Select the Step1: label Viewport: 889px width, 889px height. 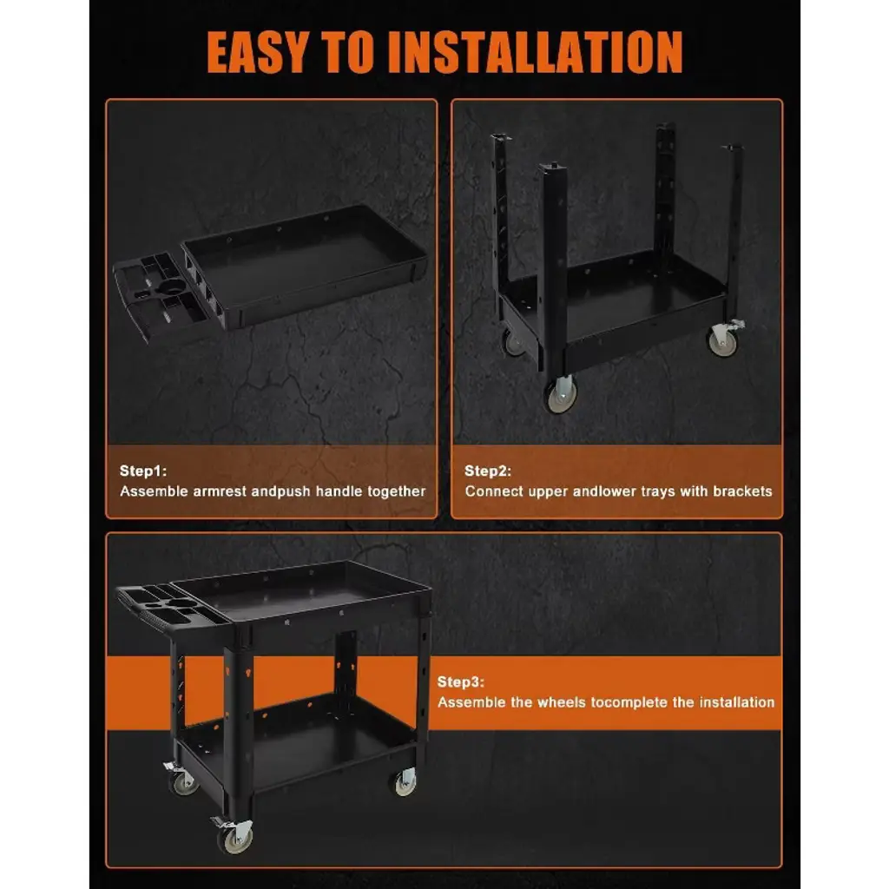[143, 471]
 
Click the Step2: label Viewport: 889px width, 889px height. [488, 471]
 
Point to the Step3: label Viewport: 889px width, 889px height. [460, 682]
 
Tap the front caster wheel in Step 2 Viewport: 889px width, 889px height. [561, 394]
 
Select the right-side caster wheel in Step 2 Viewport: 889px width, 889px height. [722, 339]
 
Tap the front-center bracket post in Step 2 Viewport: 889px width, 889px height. [552, 267]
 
